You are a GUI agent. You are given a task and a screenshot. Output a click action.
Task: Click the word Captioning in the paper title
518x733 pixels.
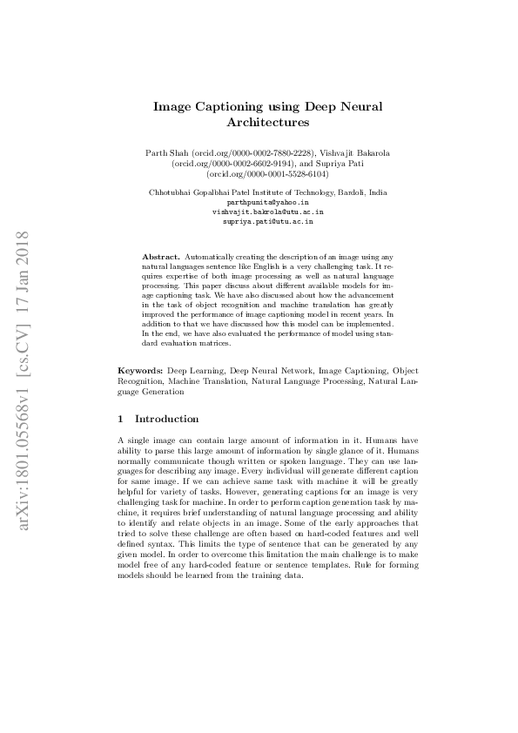(232, 106)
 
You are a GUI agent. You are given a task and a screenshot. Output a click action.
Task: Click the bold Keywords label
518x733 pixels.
(140, 370)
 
